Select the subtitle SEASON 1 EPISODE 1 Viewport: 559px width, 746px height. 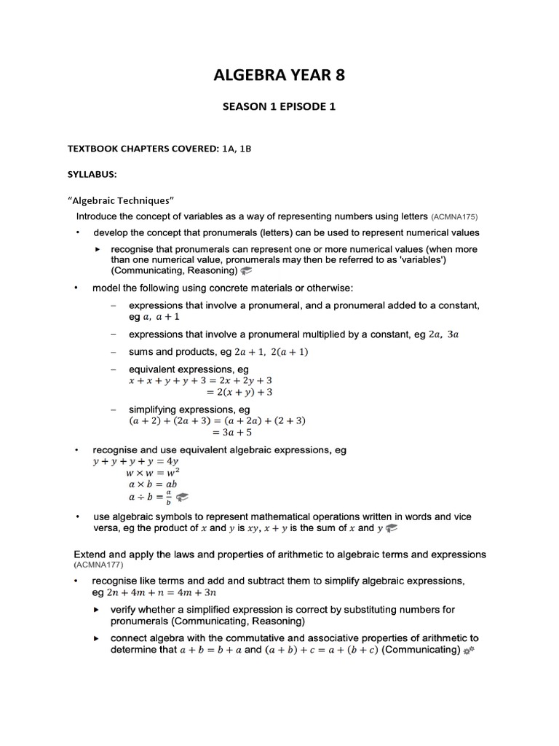[279, 107]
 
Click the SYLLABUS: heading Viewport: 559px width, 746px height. [92, 176]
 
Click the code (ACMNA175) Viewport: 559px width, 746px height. [454, 218]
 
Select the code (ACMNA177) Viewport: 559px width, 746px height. [100, 565]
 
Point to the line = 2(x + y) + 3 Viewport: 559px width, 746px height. [234, 392]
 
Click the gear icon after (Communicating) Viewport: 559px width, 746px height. [469, 649]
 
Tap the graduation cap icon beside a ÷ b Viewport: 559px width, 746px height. [182, 498]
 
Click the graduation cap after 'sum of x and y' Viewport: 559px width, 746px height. [391, 528]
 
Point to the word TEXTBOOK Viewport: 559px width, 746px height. [92, 149]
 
